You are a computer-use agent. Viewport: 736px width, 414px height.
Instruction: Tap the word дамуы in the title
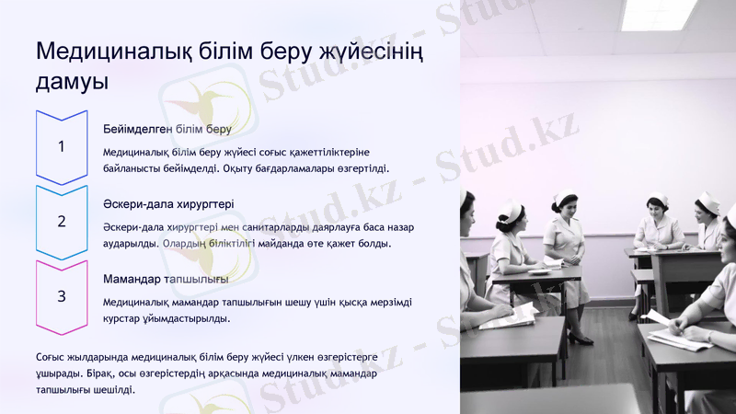coord(72,82)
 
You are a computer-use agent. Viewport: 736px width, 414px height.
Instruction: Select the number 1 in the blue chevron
coord(61,146)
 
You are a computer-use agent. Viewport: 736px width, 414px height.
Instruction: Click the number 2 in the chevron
coord(61,222)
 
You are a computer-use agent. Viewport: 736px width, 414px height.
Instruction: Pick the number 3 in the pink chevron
coord(61,296)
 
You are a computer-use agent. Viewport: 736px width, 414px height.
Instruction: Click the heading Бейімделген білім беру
coord(167,129)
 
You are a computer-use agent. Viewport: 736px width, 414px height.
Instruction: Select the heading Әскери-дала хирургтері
coord(168,203)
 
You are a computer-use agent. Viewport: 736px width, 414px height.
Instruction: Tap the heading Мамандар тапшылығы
coord(166,279)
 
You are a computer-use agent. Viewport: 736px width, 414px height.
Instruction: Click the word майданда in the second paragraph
coord(290,244)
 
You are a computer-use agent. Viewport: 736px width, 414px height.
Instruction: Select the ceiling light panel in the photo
coord(659,14)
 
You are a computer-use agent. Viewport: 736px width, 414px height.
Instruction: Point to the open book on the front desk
coord(508,316)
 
